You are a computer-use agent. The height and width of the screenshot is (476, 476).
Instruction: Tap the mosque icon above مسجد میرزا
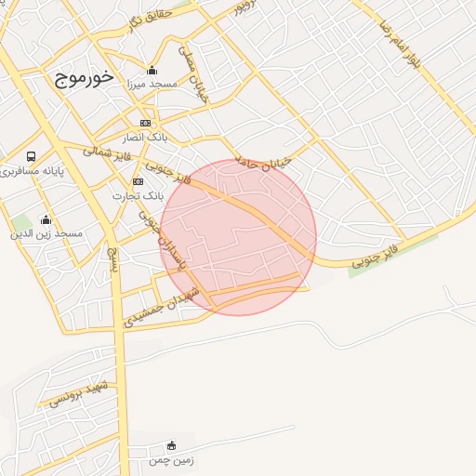(152, 71)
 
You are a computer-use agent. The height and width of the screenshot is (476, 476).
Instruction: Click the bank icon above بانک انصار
(145, 123)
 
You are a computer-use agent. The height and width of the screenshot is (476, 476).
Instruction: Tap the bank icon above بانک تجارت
(138, 181)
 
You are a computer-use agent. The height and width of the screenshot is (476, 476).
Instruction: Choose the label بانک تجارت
(138, 196)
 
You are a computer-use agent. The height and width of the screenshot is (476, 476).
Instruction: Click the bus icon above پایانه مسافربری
(32, 156)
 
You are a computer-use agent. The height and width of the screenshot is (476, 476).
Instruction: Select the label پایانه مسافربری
(33, 172)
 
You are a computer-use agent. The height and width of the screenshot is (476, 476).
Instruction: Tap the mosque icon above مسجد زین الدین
(46, 219)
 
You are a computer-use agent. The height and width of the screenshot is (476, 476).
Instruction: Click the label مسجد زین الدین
(46, 233)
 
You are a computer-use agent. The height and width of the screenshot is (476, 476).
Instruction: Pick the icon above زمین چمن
(170, 446)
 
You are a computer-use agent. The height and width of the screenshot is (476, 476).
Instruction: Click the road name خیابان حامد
(264, 159)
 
